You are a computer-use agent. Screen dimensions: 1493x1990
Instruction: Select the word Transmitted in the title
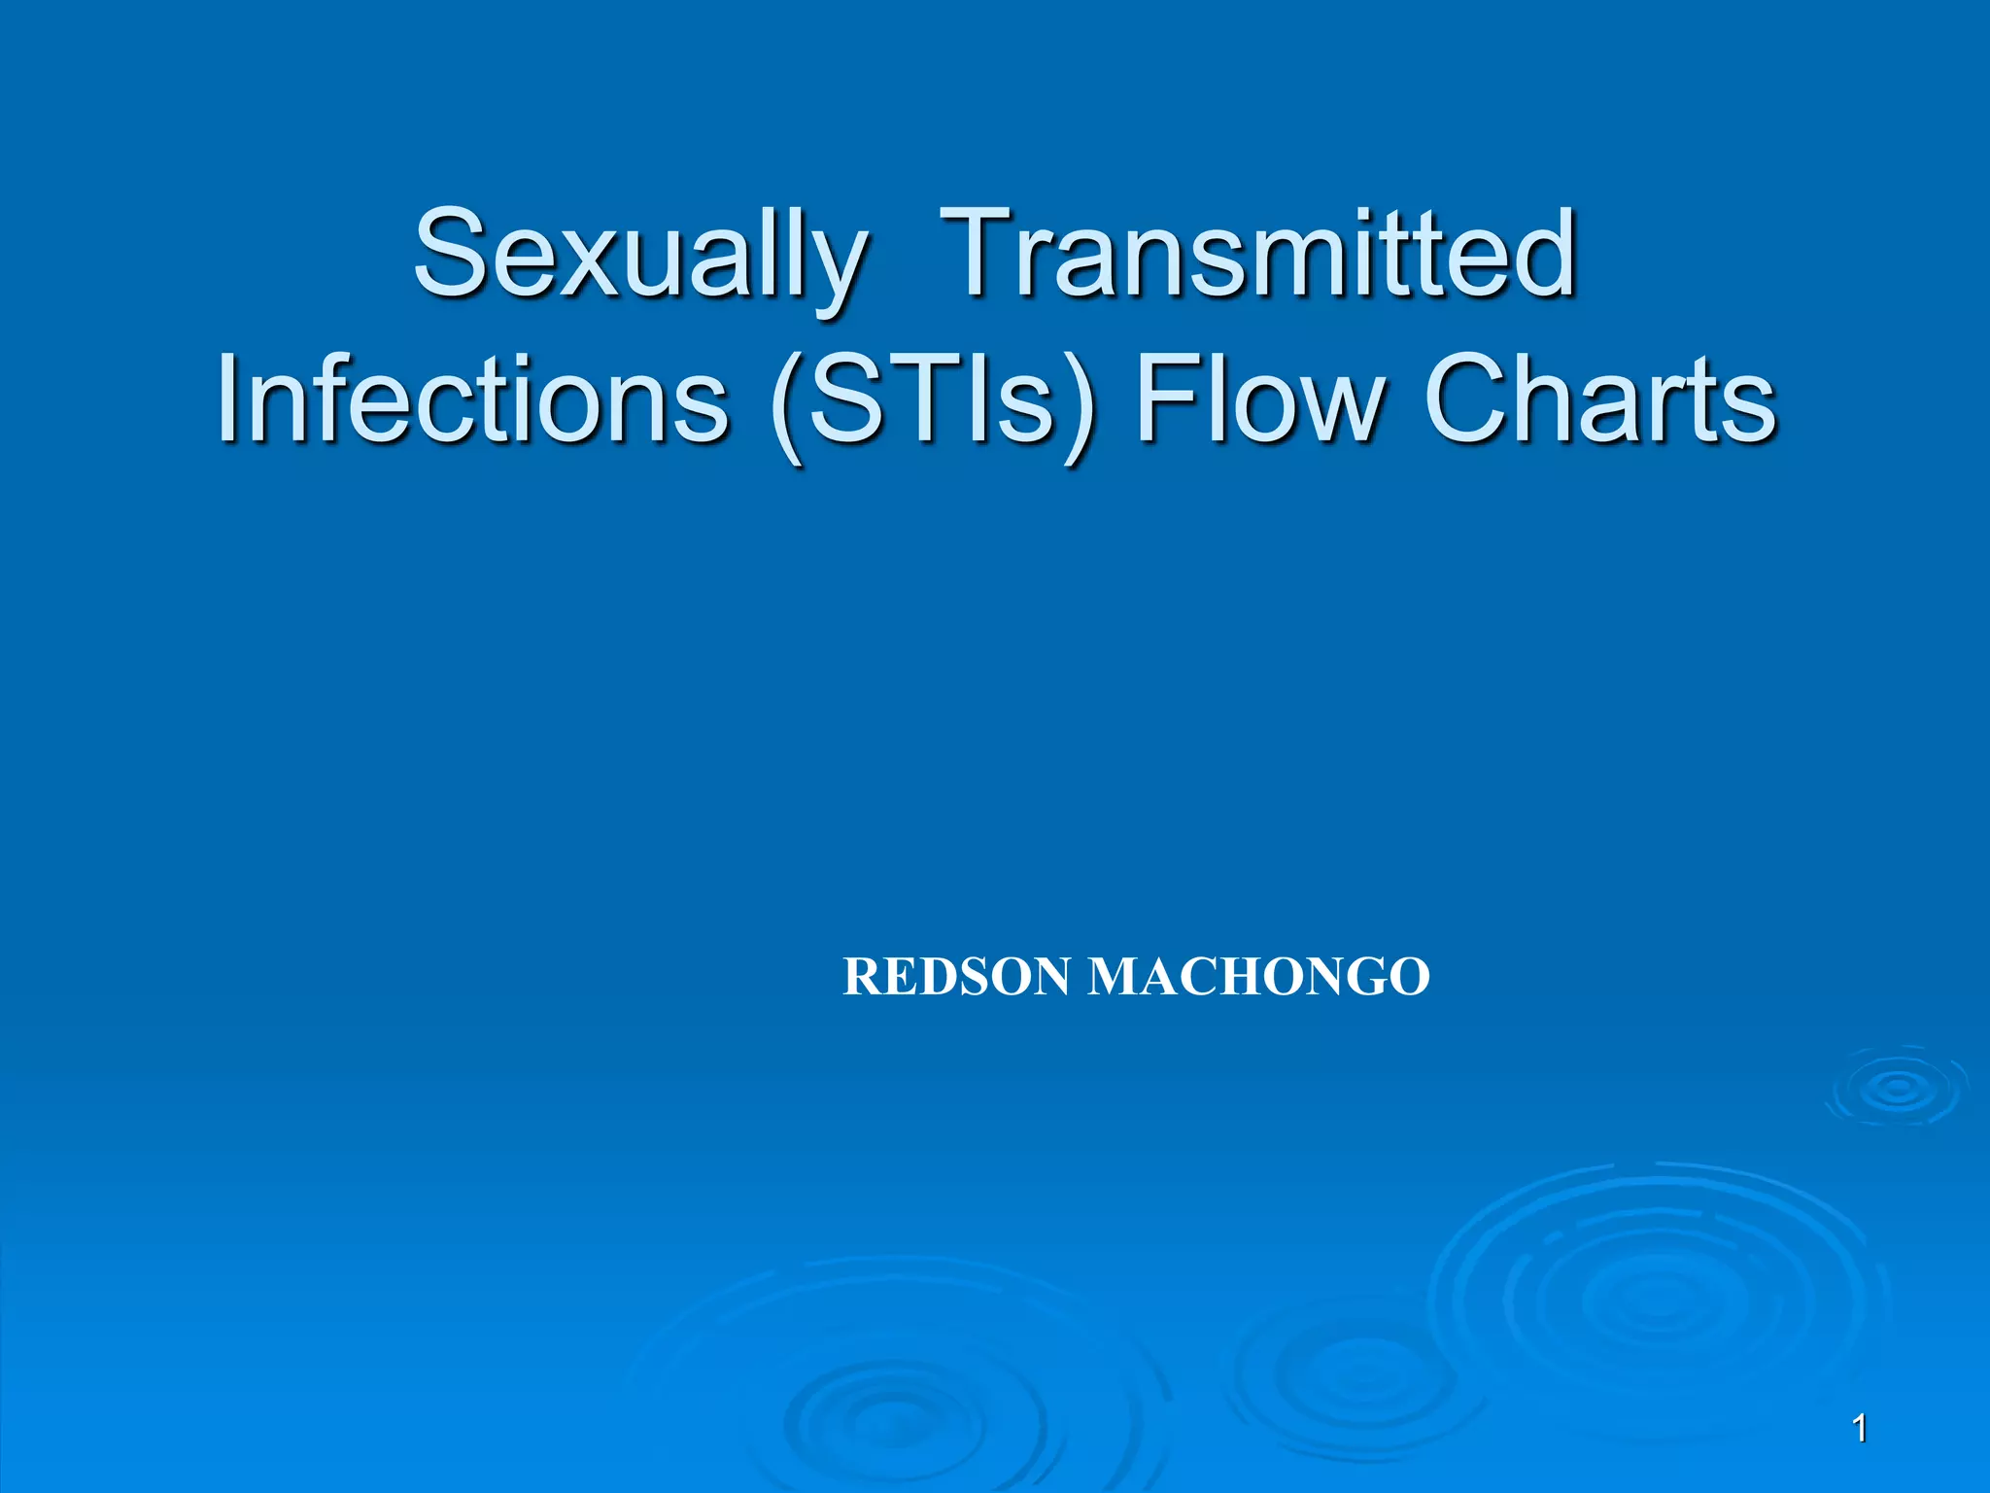pos(1258,255)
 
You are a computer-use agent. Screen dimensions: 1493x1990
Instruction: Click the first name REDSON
pos(956,977)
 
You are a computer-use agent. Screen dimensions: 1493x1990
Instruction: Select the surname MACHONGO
pos(1258,977)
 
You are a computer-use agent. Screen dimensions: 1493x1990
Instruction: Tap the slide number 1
pos(1859,1429)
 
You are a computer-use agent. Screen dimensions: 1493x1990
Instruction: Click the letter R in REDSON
pos(861,977)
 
